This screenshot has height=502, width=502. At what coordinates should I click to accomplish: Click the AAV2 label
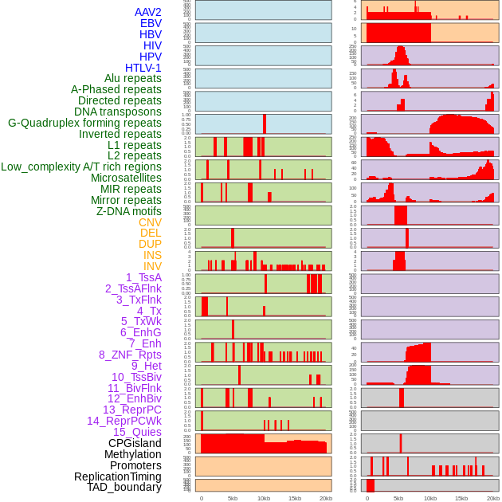(x=148, y=12)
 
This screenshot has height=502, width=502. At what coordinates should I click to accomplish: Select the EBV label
(x=151, y=23)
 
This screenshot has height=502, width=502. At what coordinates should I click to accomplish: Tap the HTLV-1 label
(x=143, y=68)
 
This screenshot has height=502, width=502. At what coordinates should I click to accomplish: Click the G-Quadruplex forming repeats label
(x=84, y=123)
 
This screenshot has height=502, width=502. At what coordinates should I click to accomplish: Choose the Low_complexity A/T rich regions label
(x=81, y=167)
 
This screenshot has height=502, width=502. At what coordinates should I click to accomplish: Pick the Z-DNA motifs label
(x=129, y=211)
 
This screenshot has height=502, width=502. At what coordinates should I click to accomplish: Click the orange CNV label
(x=150, y=222)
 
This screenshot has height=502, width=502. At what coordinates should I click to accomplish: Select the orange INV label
(x=152, y=266)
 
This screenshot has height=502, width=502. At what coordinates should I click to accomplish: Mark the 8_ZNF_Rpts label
(x=130, y=355)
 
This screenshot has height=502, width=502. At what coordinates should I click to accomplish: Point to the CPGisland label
(x=135, y=443)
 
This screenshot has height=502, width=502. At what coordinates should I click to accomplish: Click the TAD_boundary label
(x=124, y=487)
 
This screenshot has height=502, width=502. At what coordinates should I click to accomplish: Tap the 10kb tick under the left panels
(x=264, y=498)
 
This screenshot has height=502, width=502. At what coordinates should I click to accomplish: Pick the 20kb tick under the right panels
(x=493, y=498)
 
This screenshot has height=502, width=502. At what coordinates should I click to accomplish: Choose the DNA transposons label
(x=118, y=112)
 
